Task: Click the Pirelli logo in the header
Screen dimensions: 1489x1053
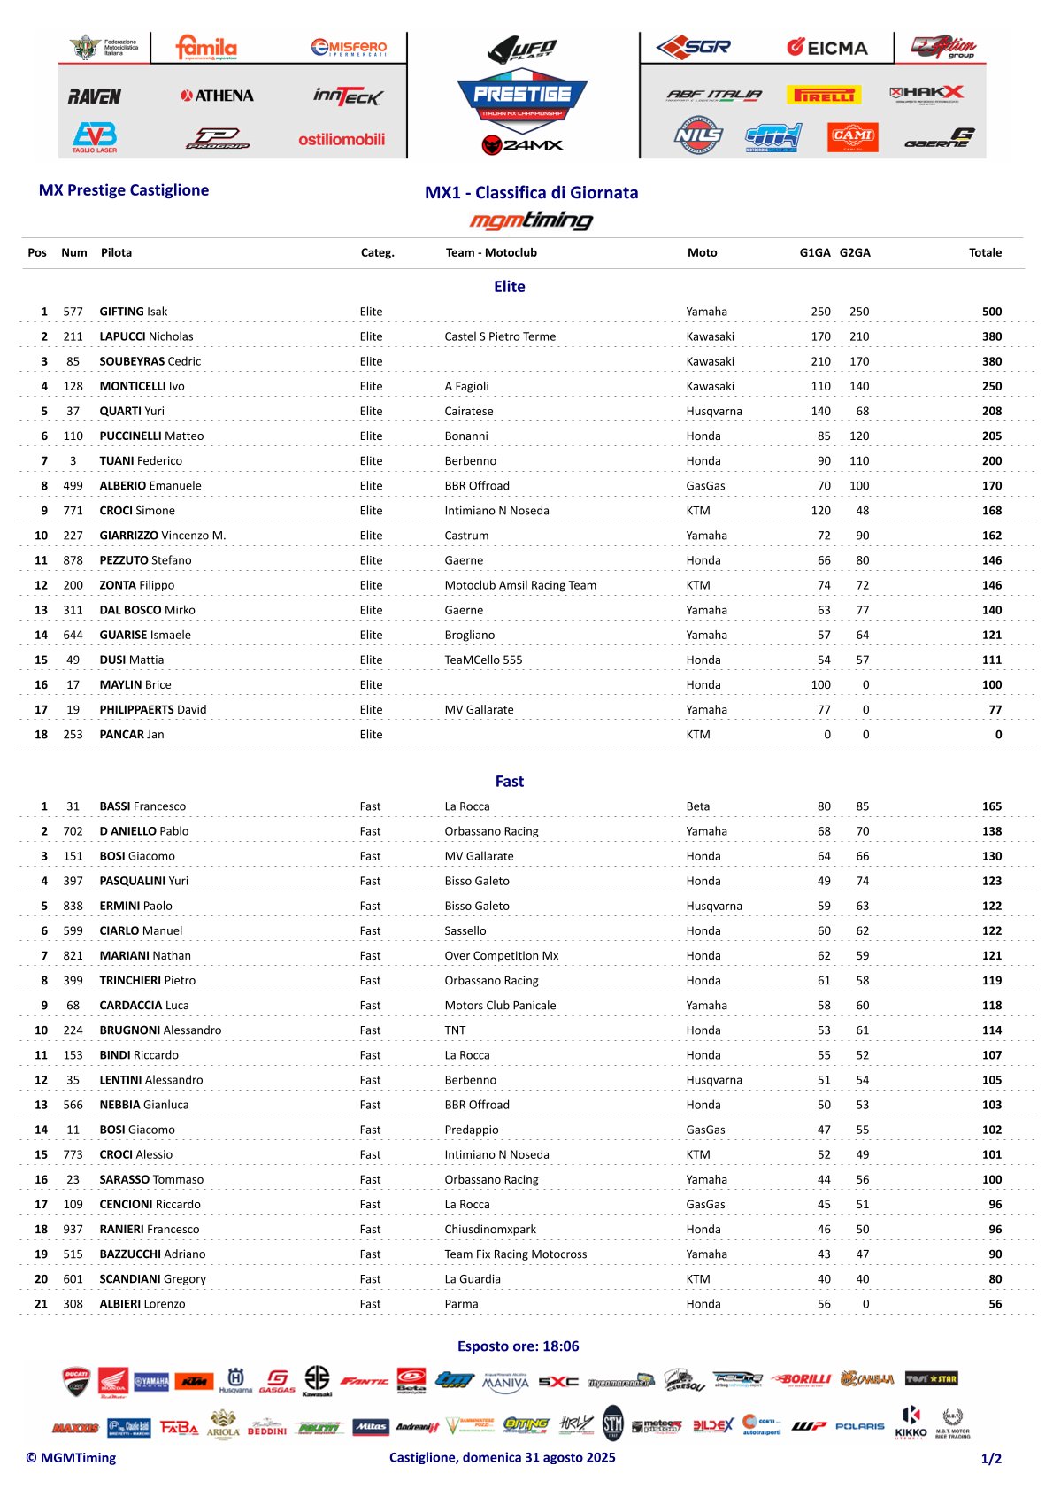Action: (823, 95)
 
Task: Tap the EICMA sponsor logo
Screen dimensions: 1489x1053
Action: (827, 48)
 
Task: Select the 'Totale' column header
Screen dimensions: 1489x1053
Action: (985, 252)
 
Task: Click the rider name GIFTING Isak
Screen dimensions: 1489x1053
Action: (133, 312)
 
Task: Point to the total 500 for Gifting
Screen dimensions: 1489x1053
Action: (991, 312)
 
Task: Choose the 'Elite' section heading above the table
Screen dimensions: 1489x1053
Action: (509, 287)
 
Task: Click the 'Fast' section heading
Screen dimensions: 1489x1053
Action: (509, 781)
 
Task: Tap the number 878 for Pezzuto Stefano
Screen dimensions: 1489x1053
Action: (73, 560)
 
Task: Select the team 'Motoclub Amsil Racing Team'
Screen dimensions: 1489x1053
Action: (520, 585)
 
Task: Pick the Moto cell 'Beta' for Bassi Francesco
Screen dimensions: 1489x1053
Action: (697, 806)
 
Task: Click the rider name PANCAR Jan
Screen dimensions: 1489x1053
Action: (131, 735)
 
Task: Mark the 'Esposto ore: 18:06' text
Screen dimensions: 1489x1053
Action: (518, 1346)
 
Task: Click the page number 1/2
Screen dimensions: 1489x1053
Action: (991, 1459)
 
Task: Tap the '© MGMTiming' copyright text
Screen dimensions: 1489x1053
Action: (71, 1458)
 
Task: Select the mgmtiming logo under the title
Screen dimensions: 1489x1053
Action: (531, 220)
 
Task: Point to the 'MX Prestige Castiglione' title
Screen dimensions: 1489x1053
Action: (124, 190)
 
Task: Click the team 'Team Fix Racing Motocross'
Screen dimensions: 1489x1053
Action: (515, 1254)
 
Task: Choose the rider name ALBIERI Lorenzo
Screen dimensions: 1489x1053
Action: (142, 1304)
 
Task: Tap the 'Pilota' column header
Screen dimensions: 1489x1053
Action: (116, 252)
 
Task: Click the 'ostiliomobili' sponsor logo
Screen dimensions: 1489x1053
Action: (342, 139)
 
